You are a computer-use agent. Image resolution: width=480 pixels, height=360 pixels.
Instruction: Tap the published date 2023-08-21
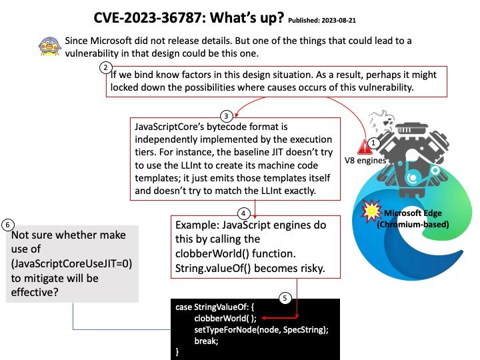click(x=339, y=21)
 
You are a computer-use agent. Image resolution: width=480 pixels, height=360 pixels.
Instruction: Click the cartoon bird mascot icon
click(x=50, y=46)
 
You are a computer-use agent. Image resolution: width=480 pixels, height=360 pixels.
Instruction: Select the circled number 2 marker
click(x=105, y=67)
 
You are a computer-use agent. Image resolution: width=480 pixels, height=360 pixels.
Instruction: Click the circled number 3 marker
click(x=226, y=116)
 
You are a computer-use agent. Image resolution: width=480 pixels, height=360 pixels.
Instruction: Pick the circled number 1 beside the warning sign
click(x=373, y=143)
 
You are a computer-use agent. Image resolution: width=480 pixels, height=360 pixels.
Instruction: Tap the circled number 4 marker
click(x=243, y=213)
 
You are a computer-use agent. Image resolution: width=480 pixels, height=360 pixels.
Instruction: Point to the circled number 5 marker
click(x=285, y=298)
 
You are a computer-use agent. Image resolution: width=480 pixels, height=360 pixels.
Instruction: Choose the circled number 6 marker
click(x=7, y=225)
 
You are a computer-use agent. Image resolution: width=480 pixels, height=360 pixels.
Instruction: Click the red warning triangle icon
click(x=364, y=147)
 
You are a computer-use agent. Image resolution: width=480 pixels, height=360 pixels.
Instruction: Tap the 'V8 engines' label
click(x=365, y=161)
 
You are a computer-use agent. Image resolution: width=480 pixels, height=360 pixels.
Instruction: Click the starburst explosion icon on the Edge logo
click(x=371, y=210)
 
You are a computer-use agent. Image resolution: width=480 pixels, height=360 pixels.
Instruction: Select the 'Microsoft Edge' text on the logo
click(x=413, y=213)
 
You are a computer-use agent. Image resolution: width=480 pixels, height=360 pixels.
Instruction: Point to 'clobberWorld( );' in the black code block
click(x=225, y=319)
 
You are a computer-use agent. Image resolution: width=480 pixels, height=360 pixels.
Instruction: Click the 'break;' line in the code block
click(x=206, y=341)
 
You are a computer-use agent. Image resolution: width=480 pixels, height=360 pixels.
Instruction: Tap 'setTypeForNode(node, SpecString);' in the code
click(x=261, y=330)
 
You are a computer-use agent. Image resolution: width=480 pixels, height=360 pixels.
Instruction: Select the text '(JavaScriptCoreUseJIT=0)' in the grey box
click(x=71, y=264)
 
